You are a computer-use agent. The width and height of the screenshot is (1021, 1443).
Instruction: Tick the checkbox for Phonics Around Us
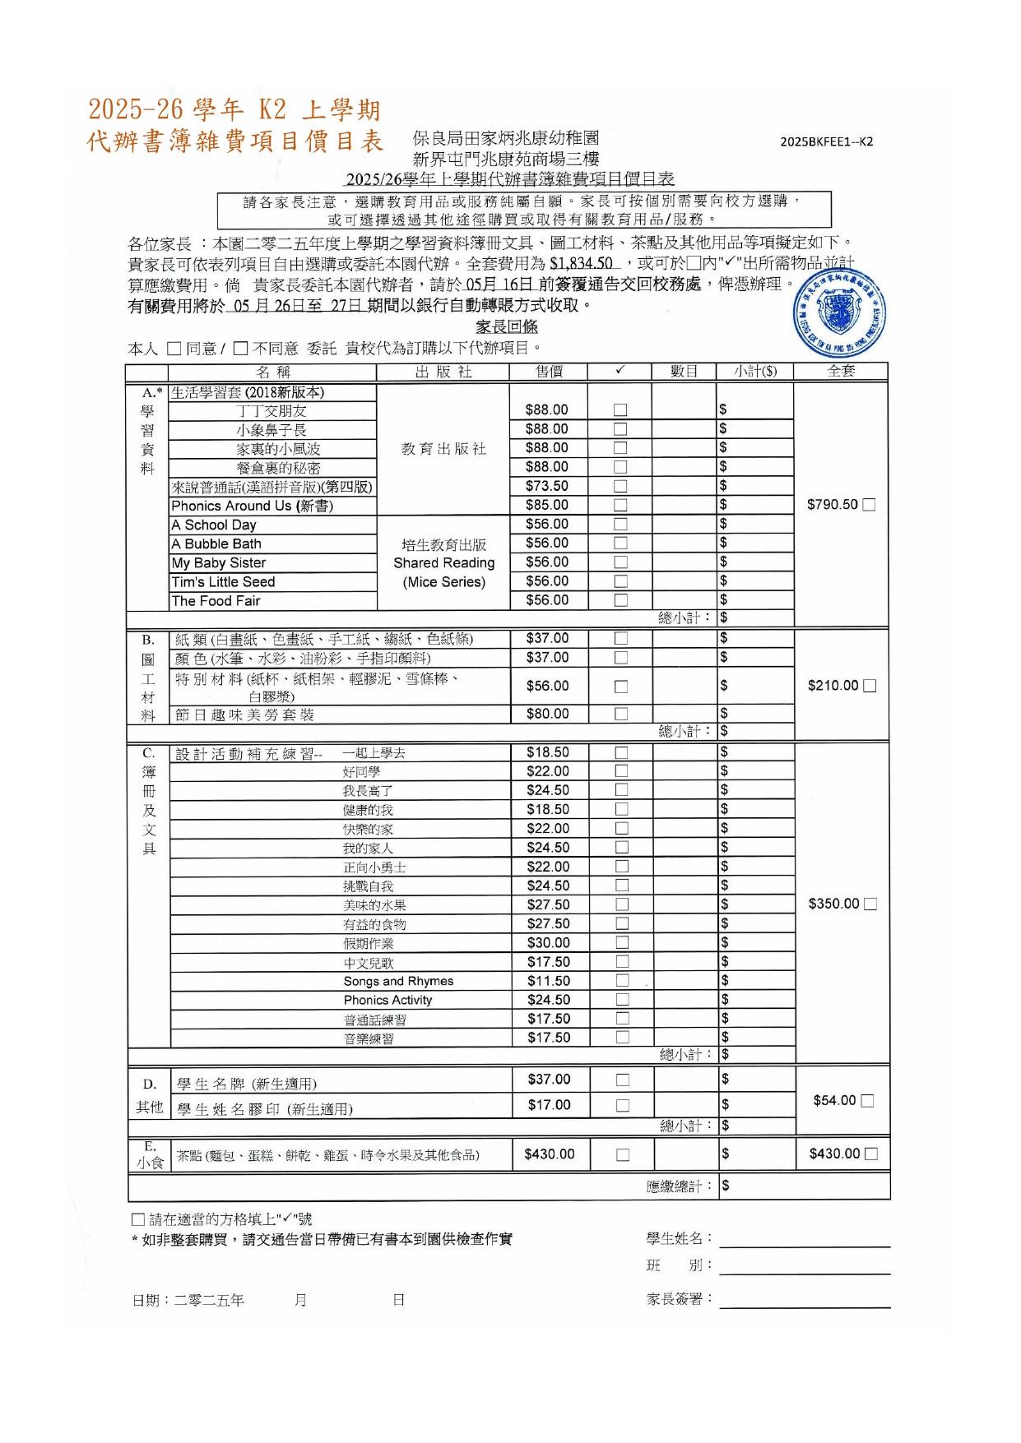tap(620, 505)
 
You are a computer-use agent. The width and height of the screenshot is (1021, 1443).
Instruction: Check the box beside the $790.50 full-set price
tap(869, 505)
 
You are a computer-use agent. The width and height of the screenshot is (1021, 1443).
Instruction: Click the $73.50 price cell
tap(547, 486)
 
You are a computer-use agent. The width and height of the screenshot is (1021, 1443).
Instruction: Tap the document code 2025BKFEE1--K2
tap(827, 141)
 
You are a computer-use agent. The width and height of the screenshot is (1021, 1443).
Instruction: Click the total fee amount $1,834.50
tap(582, 264)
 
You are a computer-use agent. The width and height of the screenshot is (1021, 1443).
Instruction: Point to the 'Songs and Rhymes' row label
tap(398, 981)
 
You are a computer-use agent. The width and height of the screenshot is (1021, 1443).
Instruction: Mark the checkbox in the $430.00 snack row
tap(623, 1154)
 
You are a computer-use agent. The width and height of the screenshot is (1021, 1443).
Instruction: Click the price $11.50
tap(549, 981)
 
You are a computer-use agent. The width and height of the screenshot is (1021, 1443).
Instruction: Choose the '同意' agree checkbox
tap(174, 349)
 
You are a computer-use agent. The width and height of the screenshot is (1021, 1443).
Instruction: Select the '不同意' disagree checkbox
tap(240, 349)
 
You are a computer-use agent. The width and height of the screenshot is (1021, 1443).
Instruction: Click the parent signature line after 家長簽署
tap(805, 1301)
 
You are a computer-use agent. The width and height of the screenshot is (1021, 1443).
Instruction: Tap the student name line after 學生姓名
tap(805, 1241)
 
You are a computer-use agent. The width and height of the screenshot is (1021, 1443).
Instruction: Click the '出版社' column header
tap(443, 372)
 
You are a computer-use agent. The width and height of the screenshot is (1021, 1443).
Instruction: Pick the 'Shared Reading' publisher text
tap(443, 563)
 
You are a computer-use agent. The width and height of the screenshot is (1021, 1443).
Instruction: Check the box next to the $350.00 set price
tap(870, 904)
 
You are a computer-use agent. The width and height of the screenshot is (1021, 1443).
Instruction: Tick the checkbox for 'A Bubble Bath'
tap(620, 543)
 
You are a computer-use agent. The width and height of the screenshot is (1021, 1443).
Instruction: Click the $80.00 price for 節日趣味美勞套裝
tap(548, 714)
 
